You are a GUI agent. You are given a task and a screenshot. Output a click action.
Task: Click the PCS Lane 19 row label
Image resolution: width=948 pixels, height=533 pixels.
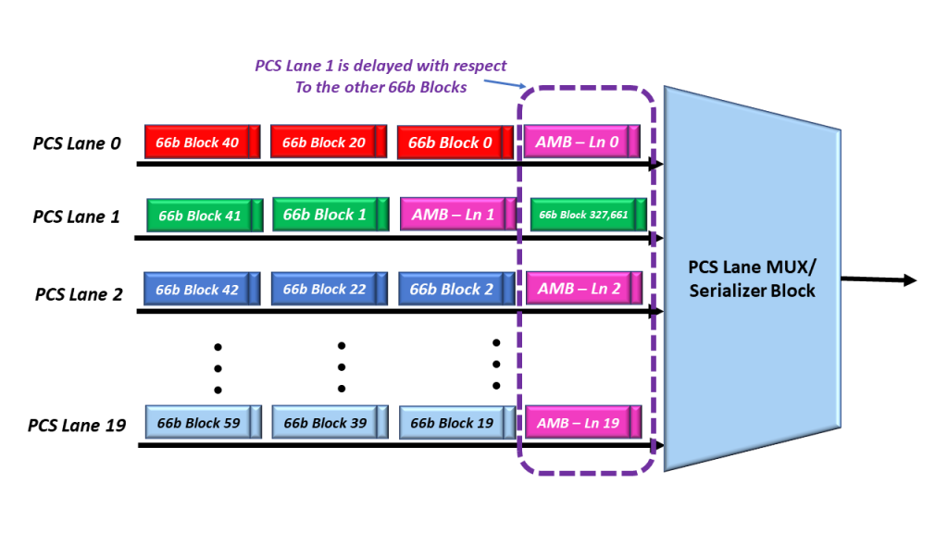(77, 426)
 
